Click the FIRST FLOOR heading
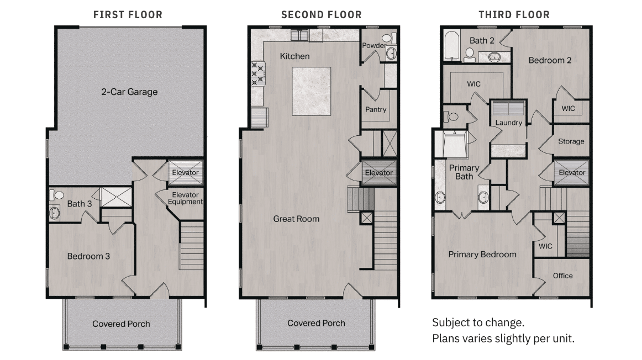128,15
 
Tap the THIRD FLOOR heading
514,15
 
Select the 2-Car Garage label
129,92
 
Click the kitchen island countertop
311,91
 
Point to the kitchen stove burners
258,73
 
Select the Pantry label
376,109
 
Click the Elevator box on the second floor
378,173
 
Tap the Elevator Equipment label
185,198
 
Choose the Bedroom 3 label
88,256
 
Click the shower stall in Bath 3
117,197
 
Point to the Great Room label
297,219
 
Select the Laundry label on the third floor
508,123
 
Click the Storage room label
571,141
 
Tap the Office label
563,276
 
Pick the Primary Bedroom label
482,255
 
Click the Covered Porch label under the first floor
121,324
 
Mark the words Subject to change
478,322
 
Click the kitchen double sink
299,35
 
